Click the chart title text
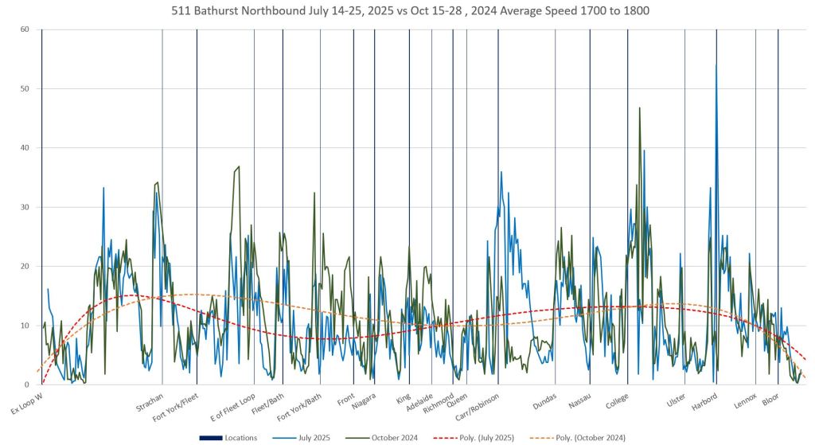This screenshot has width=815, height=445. click(407, 12)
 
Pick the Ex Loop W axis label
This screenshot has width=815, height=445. click(26, 403)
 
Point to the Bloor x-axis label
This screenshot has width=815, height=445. click(771, 397)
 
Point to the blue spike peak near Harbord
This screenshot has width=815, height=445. click(716, 65)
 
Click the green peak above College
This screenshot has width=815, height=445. click(639, 108)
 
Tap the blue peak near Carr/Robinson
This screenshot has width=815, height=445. click(501, 172)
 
